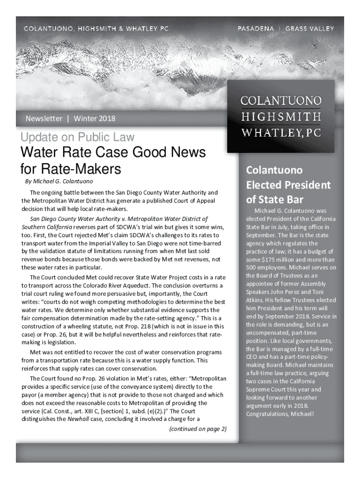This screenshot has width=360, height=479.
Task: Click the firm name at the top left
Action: click(x=96, y=29)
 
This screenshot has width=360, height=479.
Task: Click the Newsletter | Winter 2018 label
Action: click(x=70, y=118)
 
